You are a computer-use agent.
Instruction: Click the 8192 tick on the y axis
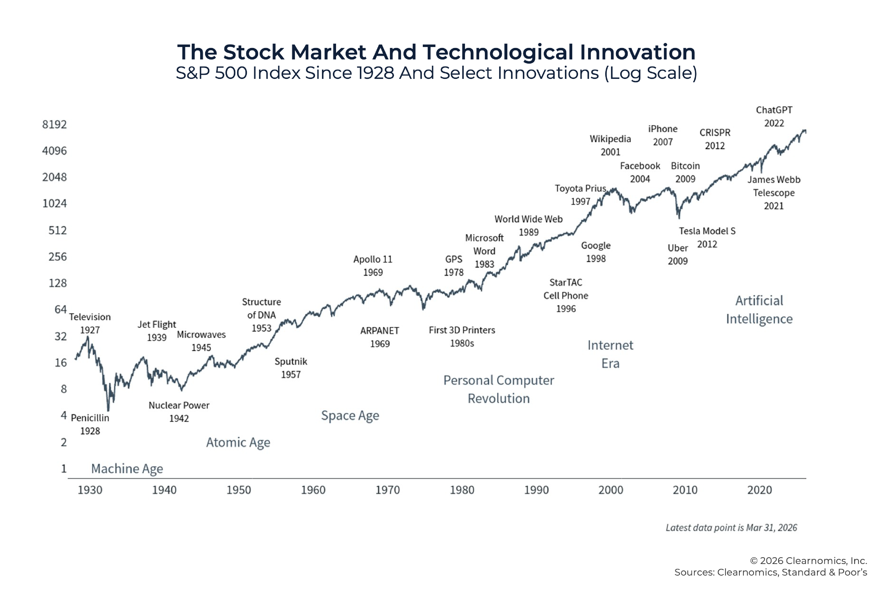click(x=55, y=125)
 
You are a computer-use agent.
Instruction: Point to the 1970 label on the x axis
click(x=387, y=490)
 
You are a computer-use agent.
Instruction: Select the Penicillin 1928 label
click(x=90, y=424)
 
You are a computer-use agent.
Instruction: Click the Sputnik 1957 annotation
click(x=291, y=368)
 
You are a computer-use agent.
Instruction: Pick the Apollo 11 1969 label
click(x=373, y=265)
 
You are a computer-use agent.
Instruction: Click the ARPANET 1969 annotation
click(x=380, y=337)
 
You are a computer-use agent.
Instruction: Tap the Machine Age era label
click(x=127, y=469)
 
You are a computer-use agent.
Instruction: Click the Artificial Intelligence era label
click(x=759, y=309)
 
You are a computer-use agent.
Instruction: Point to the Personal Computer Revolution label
click(x=499, y=389)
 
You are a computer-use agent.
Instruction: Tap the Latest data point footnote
click(x=731, y=528)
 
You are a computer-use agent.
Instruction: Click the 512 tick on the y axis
click(x=57, y=230)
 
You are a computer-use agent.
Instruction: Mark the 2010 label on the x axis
click(x=685, y=490)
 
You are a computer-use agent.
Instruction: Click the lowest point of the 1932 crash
click(x=108, y=410)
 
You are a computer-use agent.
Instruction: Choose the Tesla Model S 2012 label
click(x=707, y=237)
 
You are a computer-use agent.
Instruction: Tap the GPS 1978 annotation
click(x=454, y=265)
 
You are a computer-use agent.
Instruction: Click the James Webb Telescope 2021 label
click(x=773, y=193)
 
